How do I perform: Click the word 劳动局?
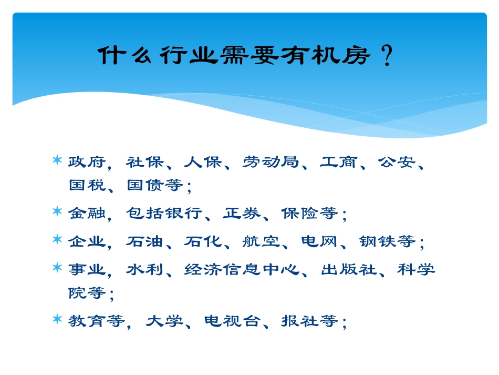271,162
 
